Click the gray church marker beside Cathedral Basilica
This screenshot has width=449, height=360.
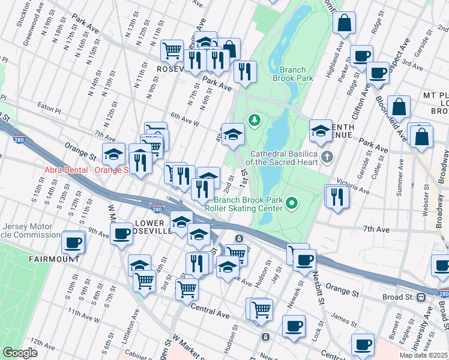coord(327,157)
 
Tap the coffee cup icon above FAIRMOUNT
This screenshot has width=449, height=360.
coord(73,243)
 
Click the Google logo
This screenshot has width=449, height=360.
coord(20,353)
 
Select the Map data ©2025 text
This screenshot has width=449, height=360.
coord(424,355)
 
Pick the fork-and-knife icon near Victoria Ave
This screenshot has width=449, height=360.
coord(337,197)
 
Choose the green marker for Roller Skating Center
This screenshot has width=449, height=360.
coord(292,204)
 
